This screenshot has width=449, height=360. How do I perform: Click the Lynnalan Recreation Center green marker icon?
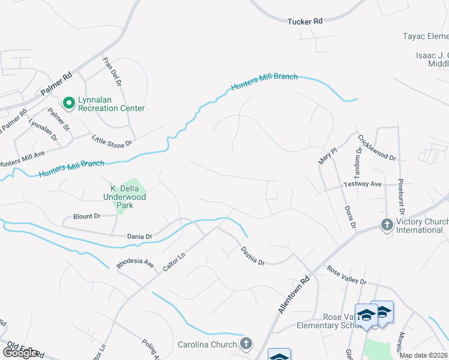(x=68, y=104)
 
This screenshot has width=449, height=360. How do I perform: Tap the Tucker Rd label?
(x=304, y=21)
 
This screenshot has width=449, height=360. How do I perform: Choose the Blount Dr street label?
(x=86, y=216)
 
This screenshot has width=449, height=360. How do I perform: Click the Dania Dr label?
(x=139, y=237)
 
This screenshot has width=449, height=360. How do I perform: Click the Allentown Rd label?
(x=294, y=294)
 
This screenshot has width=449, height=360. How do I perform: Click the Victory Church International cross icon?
(x=387, y=225)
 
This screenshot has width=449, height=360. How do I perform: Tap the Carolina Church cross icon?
(x=245, y=344)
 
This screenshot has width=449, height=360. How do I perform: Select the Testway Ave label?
(x=363, y=184)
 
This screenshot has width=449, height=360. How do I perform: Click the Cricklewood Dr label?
(x=376, y=147)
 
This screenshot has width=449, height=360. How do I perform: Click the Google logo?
(x=20, y=352)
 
